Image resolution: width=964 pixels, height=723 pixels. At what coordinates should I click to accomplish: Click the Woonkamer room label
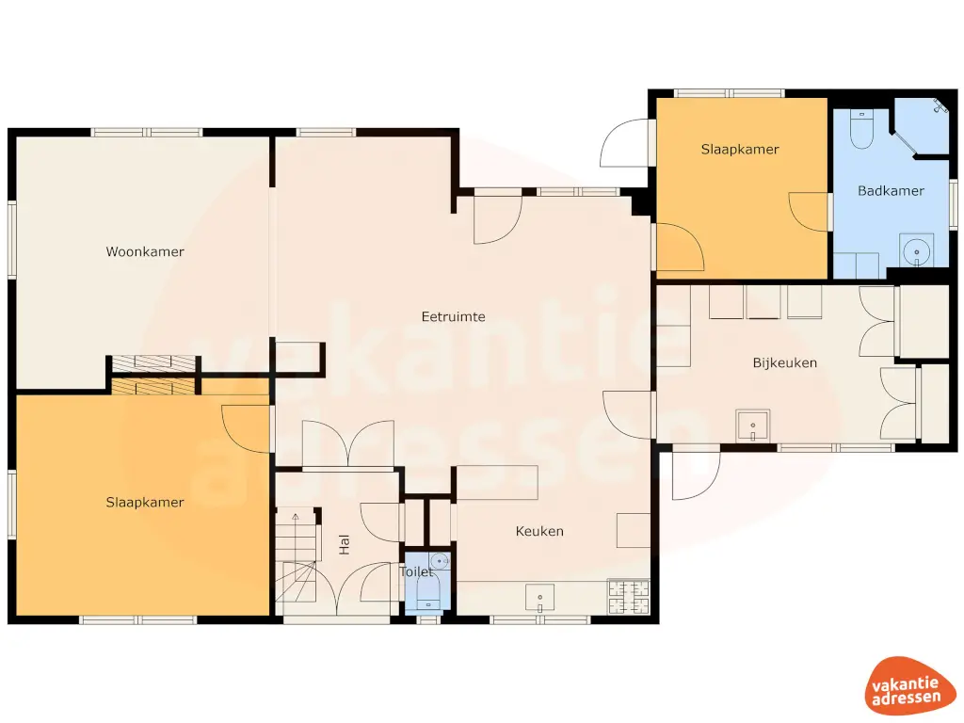(145, 252)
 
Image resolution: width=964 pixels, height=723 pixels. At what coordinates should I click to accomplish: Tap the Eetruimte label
(453, 317)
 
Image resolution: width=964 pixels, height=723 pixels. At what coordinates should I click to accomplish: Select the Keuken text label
(539, 532)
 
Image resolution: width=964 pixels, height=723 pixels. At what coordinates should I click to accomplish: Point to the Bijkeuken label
(784, 362)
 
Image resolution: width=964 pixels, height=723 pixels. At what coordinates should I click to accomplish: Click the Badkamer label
(891, 191)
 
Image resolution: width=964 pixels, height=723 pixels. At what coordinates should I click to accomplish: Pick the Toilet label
(415, 571)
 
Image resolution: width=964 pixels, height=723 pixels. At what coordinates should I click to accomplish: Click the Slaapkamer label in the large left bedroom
(145, 503)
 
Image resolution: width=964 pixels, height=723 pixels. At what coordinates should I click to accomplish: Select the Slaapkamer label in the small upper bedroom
(740, 150)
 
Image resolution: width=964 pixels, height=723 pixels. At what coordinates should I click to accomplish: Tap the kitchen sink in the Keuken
(539, 597)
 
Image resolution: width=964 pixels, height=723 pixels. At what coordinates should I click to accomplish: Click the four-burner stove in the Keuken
(629, 595)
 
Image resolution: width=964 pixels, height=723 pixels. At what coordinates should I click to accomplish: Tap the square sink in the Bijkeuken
(753, 426)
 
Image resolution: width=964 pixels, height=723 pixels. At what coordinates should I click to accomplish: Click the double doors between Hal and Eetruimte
(348, 444)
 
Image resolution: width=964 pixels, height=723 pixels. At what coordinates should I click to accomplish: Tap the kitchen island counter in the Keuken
(496, 482)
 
